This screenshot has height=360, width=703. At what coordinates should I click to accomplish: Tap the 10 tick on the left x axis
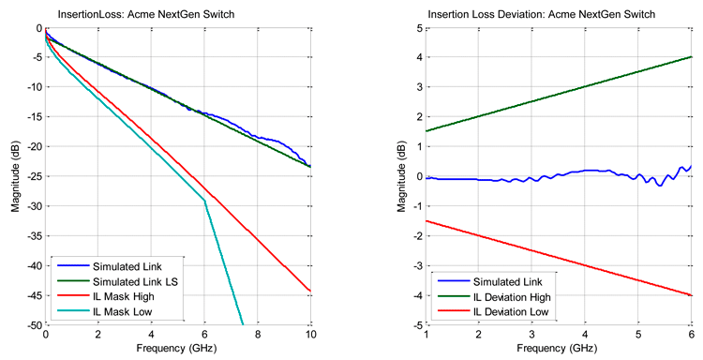click(309, 336)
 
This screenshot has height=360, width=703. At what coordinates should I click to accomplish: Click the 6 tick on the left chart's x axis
click(203, 336)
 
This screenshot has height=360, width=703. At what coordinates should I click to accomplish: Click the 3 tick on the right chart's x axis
click(532, 336)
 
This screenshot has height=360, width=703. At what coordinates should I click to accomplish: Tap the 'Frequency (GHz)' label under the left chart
click(177, 351)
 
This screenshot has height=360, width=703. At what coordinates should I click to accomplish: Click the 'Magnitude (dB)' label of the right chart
click(399, 176)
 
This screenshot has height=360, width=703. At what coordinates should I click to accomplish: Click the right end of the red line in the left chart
click(309, 291)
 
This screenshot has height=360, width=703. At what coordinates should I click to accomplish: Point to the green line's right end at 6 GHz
click(691, 56)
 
